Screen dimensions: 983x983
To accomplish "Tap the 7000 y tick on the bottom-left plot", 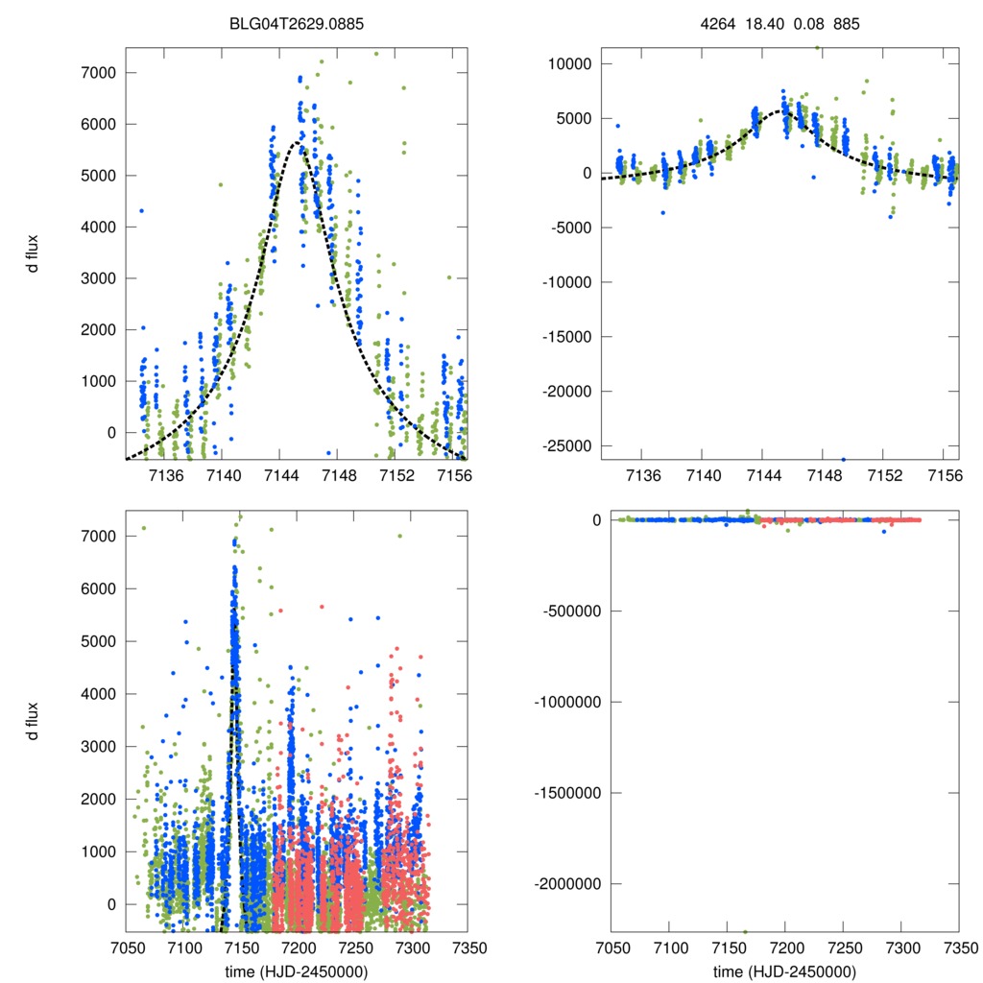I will pyautogui.click(x=99, y=536).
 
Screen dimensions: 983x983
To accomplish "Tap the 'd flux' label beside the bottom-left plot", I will pyautogui.click(x=34, y=720).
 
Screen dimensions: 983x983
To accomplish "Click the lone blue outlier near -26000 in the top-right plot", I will pyautogui.click(x=844, y=459).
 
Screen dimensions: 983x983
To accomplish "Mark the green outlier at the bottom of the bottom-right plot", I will pyautogui.click(x=745, y=930).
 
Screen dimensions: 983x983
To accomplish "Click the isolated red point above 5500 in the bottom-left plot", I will pyautogui.click(x=322, y=607).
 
